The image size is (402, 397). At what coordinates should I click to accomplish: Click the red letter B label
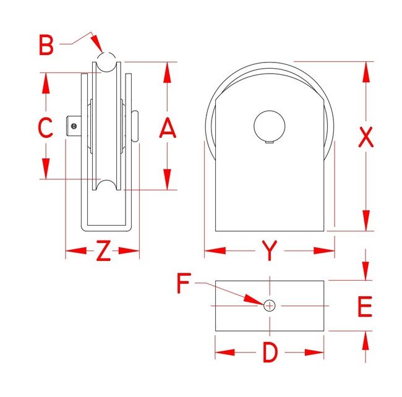(46, 45)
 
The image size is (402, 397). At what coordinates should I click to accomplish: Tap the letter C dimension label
(45, 127)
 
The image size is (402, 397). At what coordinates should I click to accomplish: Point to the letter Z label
(103, 250)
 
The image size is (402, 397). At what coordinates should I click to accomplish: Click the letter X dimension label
(366, 137)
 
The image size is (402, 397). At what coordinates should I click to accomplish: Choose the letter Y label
(270, 250)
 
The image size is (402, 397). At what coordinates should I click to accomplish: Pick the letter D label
(270, 352)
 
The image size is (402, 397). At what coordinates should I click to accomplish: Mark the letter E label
(365, 306)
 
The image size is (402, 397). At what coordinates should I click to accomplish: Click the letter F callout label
(184, 283)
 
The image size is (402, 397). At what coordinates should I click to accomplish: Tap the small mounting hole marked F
(270, 305)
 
